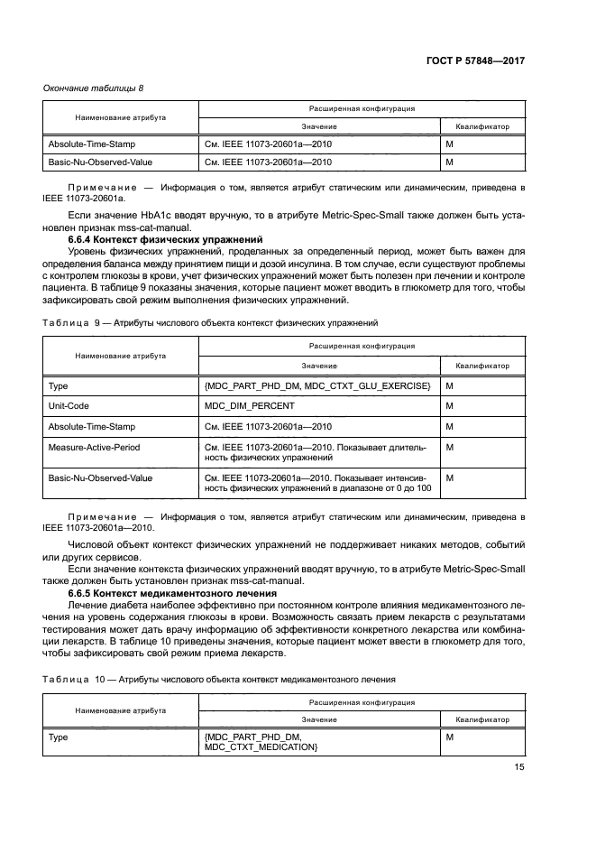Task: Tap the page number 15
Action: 519,768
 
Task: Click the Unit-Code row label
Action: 68,405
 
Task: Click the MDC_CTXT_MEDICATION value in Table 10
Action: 261,748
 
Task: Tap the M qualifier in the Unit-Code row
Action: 449,405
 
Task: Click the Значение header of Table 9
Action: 319,366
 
